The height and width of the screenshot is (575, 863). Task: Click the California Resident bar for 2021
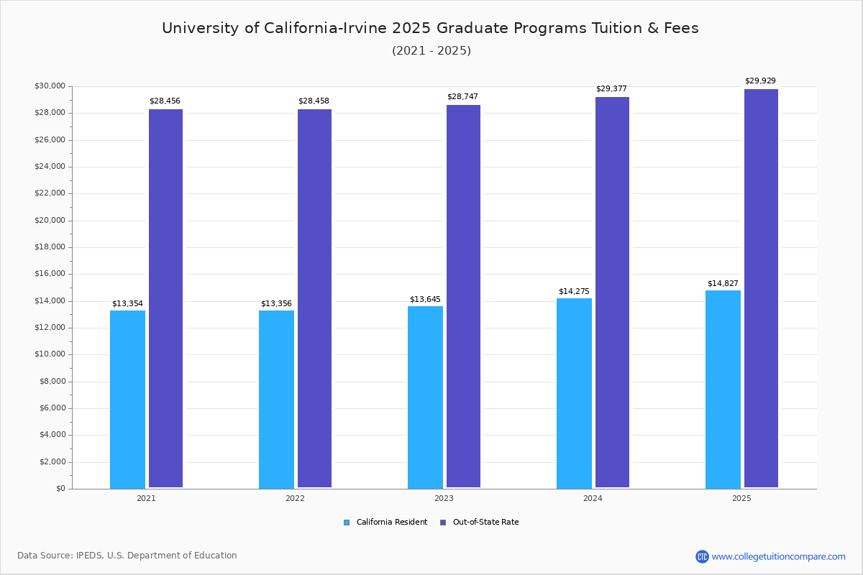point(127,399)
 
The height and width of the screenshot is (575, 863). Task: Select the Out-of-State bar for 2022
point(314,298)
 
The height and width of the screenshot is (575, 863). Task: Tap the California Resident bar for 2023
point(425,397)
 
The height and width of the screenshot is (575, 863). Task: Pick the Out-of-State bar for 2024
point(612,293)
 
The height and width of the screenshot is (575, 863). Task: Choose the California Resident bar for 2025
point(723,389)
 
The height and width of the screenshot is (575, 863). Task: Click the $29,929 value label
point(760,81)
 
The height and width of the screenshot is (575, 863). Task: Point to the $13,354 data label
point(127,304)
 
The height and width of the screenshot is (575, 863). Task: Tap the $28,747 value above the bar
point(462,97)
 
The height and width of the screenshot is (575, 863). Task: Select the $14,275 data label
point(574,292)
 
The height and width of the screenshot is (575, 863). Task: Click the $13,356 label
point(276,304)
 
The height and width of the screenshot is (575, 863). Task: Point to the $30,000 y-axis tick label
point(50,86)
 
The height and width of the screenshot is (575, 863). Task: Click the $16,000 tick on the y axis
point(50,274)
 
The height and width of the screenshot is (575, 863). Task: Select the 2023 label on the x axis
point(444,498)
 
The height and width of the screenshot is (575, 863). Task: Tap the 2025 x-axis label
point(741,498)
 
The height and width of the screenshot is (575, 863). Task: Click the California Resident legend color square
point(347,523)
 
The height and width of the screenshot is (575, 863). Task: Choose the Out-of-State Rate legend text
point(485,523)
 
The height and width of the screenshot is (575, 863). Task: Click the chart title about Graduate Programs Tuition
point(430,28)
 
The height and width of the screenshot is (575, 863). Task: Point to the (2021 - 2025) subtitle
point(431,51)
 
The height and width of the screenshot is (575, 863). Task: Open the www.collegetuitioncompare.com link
point(778,556)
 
